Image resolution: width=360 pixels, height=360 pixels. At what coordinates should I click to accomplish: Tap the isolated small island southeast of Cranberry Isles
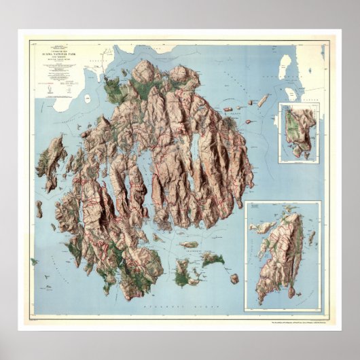click(234, 278)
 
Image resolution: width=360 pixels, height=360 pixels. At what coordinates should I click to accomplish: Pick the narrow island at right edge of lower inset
click(312, 237)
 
